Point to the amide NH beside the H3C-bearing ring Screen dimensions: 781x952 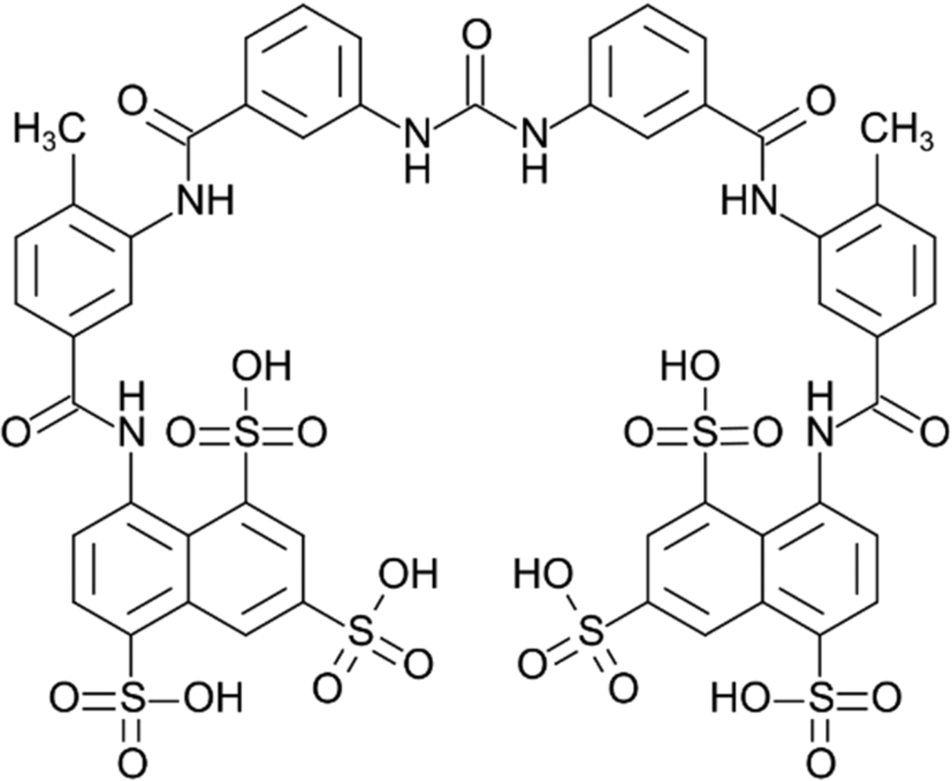pos(205,203)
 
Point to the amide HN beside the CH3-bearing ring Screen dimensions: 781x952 pos(748,203)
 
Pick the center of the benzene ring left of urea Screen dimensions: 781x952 pos(302,71)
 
